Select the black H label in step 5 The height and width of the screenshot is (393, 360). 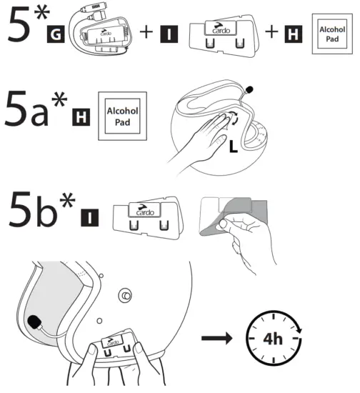[291, 33]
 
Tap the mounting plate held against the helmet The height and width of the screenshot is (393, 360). [115, 347]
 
